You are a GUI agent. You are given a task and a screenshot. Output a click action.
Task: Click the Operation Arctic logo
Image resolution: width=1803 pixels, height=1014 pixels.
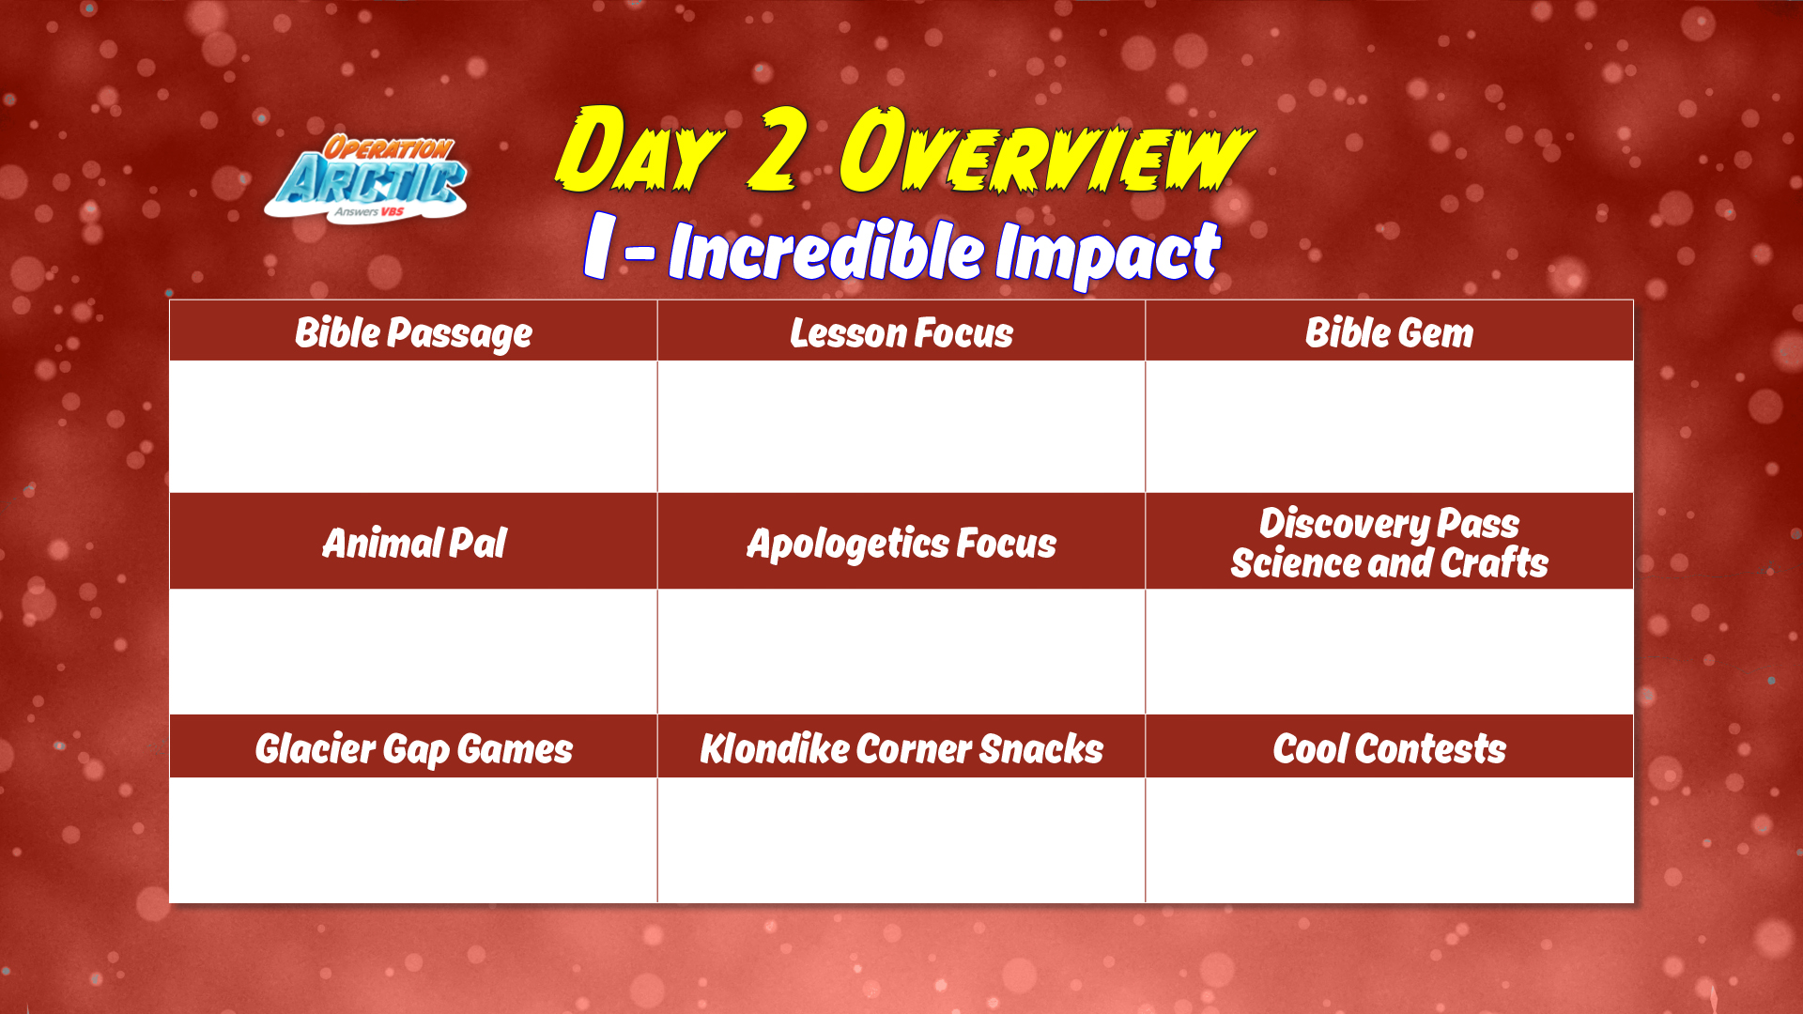(x=365, y=178)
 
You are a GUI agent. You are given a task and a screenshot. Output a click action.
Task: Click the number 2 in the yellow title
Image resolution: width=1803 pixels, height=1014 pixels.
(x=778, y=148)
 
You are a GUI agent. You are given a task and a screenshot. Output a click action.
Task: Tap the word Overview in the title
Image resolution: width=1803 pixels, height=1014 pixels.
(x=1045, y=150)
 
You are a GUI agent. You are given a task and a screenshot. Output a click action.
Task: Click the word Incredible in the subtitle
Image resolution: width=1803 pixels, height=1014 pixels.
(x=826, y=251)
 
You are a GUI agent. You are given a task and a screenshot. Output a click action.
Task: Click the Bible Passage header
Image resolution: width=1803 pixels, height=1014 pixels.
(x=413, y=332)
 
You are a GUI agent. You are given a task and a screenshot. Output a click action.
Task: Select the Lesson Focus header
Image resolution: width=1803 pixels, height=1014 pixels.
(x=901, y=332)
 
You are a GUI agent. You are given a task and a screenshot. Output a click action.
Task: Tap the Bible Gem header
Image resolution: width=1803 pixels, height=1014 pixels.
(x=1390, y=332)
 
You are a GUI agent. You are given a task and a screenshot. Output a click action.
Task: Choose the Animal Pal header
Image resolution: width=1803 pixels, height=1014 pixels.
(x=414, y=543)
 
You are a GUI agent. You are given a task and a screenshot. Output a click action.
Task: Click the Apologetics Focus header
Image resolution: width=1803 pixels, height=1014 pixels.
(x=901, y=544)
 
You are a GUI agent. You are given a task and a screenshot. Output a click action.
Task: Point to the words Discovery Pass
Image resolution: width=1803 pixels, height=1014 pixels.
(x=1390, y=523)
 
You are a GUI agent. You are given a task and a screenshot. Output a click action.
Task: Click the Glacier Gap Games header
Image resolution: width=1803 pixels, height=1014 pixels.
(x=413, y=749)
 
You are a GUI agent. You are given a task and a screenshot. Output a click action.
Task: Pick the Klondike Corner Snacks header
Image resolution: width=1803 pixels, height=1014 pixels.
(x=901, y=748)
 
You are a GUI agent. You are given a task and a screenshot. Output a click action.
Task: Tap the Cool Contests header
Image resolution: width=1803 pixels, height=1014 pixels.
(x=1390, y=748)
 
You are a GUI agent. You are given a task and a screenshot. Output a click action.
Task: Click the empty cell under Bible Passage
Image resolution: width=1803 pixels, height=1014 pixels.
(x=413, y=426)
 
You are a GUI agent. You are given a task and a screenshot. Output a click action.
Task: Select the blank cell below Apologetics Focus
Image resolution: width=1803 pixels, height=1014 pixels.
(x=901, y=651)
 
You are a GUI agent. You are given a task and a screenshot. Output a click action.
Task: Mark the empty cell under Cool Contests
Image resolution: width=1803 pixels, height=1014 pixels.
(x=1390, y=839)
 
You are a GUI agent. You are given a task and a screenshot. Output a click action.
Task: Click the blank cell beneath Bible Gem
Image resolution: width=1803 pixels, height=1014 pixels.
(x=1390, y=426)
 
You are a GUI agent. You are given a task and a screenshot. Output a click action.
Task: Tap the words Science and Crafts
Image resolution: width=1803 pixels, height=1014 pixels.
(x=1390, y=563)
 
